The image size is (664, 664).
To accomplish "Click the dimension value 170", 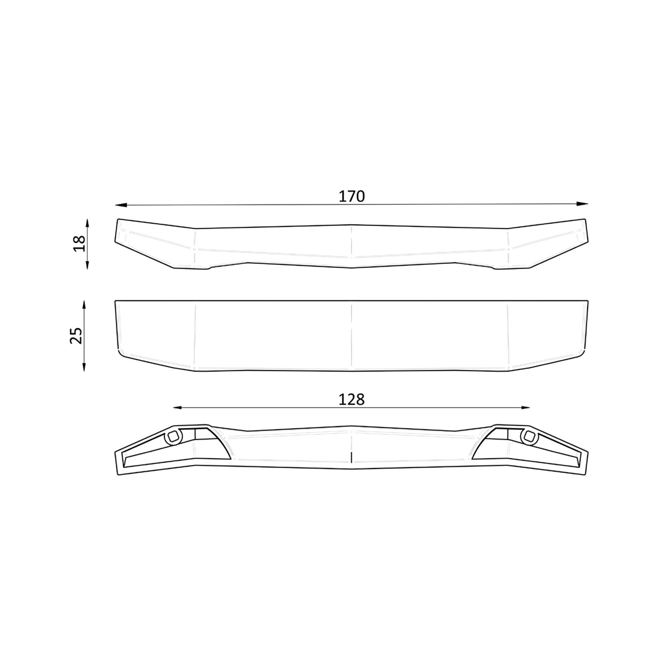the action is (352, 196).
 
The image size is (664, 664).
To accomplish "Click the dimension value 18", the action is (79, 244).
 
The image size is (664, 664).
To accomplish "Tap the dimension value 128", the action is (352, 400).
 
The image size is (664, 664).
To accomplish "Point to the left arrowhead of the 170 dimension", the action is (120, 204).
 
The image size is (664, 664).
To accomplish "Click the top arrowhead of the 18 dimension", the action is (88, 225).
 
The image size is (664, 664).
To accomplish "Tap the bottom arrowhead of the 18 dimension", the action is (88, 264).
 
